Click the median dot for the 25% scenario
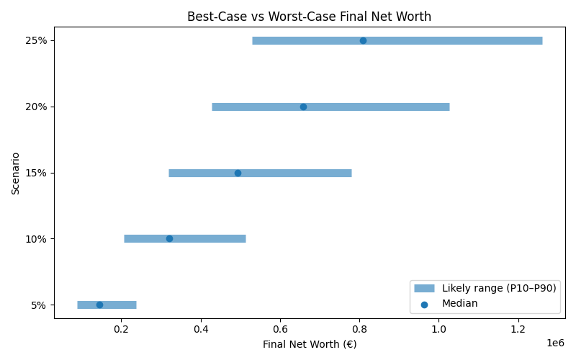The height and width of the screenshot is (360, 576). pos(363,40)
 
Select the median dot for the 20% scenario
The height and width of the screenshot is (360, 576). pos(303,107)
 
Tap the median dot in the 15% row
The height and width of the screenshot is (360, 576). pos(238,173)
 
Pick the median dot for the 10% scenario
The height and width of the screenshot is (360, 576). pos(169,238)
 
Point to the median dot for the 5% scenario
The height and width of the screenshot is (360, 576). pos(99,305)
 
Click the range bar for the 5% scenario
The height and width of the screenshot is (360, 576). pos(122,305)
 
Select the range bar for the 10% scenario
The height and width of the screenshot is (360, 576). pos(209,238)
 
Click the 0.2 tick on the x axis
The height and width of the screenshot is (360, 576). pos(121,329)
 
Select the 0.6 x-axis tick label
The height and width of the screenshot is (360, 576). pos(280,329)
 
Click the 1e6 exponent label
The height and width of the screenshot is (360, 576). pos(554,343)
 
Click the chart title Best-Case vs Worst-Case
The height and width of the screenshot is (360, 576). pos(309,17)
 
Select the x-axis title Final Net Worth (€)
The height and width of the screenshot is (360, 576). pos(309,344)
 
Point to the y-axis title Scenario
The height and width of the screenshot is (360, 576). pos(16,173)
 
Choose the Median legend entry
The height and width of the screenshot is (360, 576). pos(459,304)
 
